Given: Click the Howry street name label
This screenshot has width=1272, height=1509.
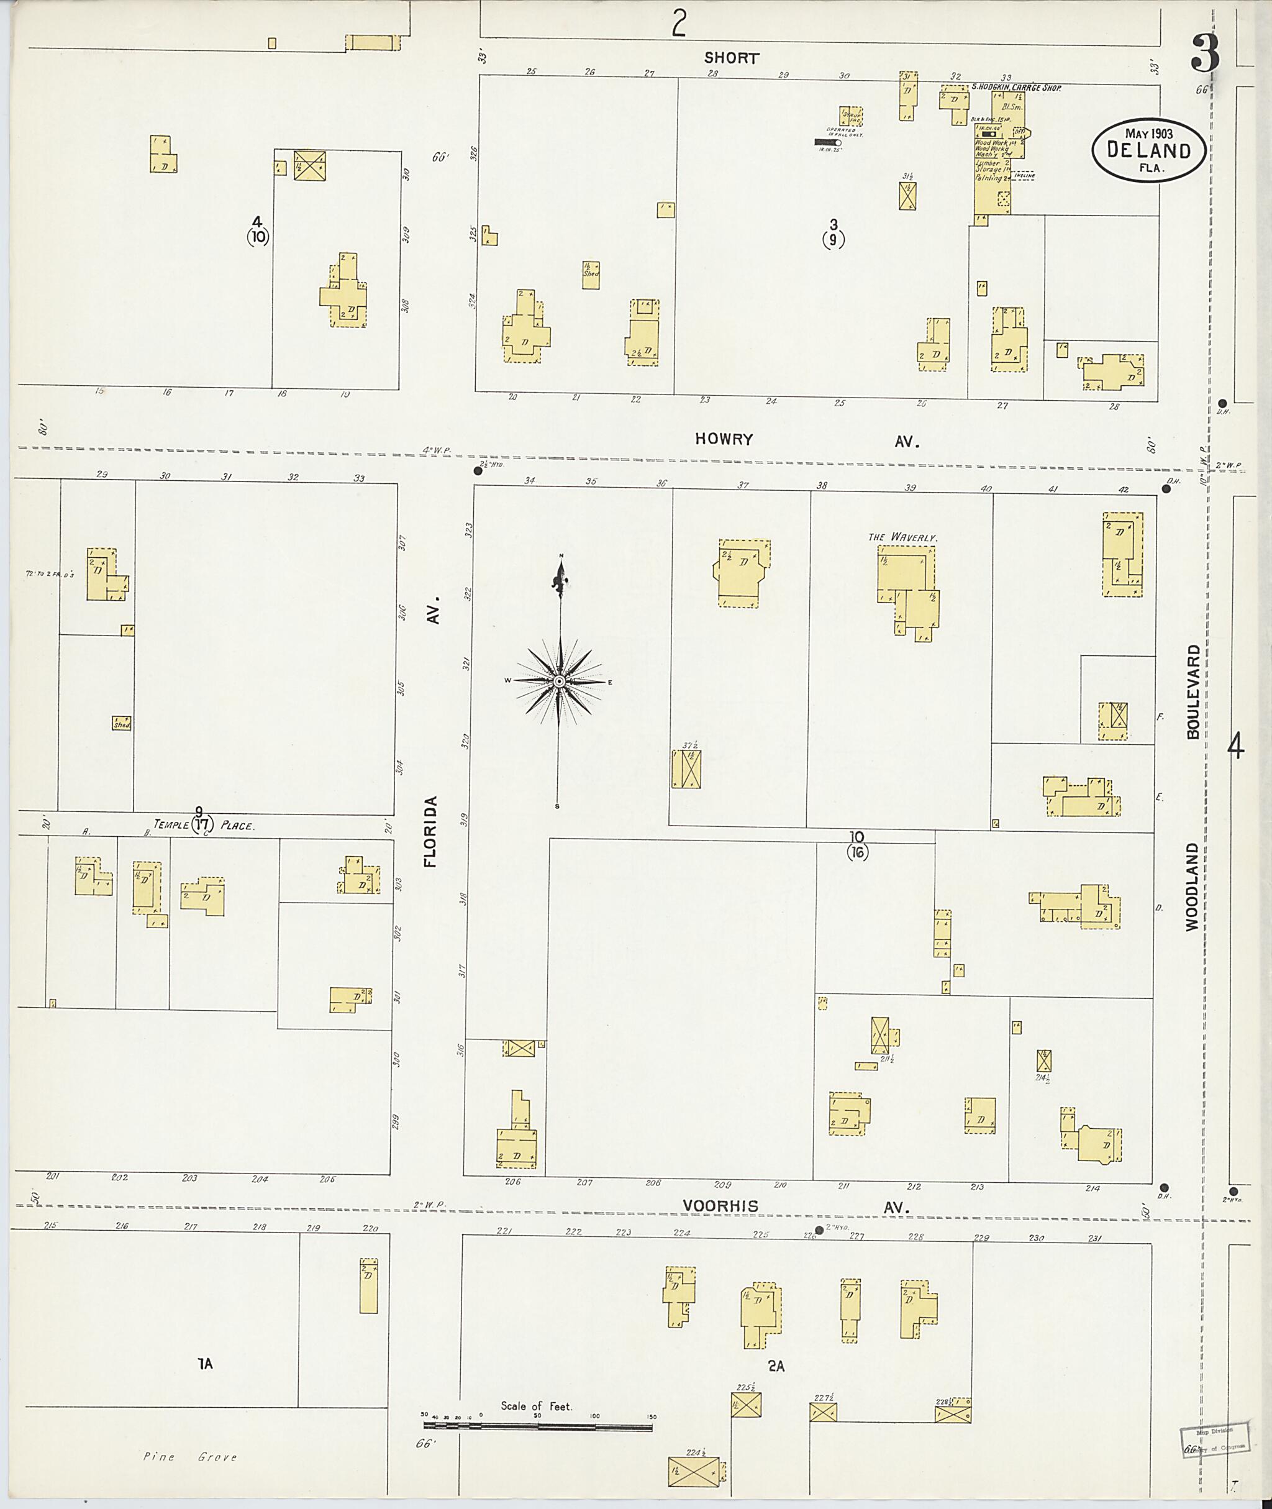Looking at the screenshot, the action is point(724,439).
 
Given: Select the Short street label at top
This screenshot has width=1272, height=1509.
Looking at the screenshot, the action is point(731,58).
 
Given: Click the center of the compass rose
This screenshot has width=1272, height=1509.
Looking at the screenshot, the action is point(560,681).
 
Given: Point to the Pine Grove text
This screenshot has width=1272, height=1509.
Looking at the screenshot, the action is point(189,1456).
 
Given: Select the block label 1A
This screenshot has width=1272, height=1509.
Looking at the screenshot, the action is point(206,1363).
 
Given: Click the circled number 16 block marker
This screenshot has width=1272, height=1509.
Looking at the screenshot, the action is point(857,852).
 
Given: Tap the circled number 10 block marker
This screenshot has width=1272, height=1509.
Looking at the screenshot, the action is point(257,236).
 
